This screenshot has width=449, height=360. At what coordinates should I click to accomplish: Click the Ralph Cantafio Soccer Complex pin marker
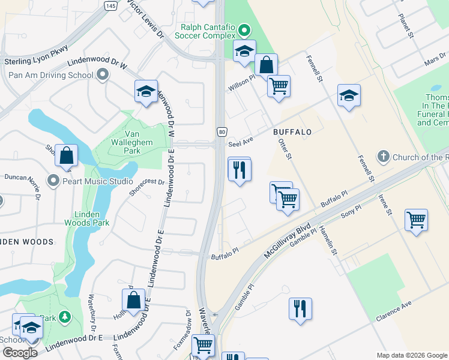click(x=244, y=29)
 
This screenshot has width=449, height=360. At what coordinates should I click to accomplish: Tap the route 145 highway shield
click(x=110, y=5)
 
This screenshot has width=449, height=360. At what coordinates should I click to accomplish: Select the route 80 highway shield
click(x=221, y=131)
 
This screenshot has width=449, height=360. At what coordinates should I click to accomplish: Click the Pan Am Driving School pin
click(x=103, y=75)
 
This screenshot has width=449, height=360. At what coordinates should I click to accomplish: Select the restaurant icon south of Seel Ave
click(x=239, y=170)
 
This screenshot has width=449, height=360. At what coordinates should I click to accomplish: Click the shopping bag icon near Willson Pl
click(x=265, y=65)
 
